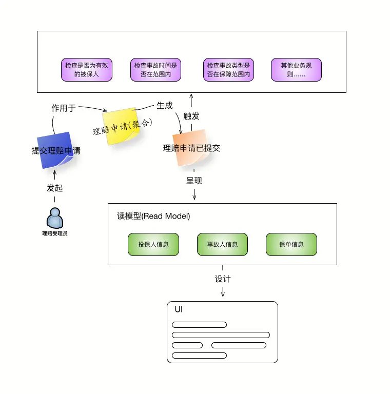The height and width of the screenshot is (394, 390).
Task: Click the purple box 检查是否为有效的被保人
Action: point(87,70)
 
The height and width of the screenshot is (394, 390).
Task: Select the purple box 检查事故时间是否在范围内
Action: point(156,70)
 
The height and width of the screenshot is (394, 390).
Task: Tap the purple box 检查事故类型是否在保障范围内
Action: point(229,70)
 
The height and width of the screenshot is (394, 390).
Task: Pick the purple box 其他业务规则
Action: point(296,70)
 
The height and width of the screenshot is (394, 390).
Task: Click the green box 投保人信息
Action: point(153,245)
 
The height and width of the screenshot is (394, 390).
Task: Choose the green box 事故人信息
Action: point(222,245)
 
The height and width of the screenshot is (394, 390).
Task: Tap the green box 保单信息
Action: point(291,245)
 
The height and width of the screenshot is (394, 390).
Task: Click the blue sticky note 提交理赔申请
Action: point(55,150)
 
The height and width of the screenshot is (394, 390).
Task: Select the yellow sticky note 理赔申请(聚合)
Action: point(122,126)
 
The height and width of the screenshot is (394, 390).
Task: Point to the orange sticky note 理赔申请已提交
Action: point(191,148)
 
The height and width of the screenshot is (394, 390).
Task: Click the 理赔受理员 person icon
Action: point(55,218)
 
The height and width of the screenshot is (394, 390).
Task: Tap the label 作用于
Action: point(64,108)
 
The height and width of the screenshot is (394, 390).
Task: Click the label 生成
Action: point(165,106)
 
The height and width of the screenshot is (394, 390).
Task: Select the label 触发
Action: point(191,116)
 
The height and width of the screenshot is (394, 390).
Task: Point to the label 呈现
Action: point(194,181)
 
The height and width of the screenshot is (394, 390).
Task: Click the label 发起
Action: point(54,188)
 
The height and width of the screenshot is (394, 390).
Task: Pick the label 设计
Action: point(223,279)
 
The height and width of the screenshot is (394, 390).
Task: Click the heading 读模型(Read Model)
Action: point(153,216)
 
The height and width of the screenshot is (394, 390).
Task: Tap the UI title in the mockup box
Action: point(179,309)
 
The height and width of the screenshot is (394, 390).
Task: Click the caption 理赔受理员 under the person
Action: point(55,233)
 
